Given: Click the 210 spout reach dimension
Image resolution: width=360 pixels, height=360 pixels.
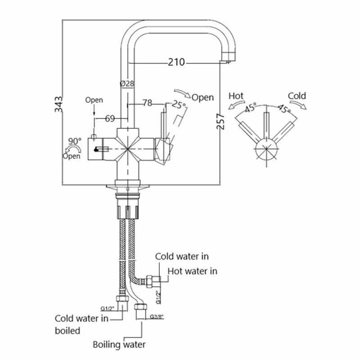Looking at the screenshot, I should point(176,62).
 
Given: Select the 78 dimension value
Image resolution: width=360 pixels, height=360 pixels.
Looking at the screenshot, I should point(147,103).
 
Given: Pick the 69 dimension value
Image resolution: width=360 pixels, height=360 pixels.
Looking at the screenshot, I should point(110,119).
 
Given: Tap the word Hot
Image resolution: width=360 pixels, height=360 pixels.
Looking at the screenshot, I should point(237,96).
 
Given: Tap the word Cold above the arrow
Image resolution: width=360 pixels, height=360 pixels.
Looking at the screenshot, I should point(297,95).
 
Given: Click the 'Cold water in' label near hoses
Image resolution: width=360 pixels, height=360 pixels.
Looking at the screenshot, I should point(182,256).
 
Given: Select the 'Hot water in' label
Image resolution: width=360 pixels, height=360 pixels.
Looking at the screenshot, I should point(192,271).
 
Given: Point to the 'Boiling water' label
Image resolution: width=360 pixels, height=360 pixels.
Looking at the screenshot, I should point(119,345).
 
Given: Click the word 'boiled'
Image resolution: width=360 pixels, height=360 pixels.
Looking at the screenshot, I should point(68,331).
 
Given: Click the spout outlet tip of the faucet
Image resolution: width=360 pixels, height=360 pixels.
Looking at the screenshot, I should point(229,58).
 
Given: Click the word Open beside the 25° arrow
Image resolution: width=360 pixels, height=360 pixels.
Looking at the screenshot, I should point(202,97).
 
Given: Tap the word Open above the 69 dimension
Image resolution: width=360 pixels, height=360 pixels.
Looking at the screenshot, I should point(94,100).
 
